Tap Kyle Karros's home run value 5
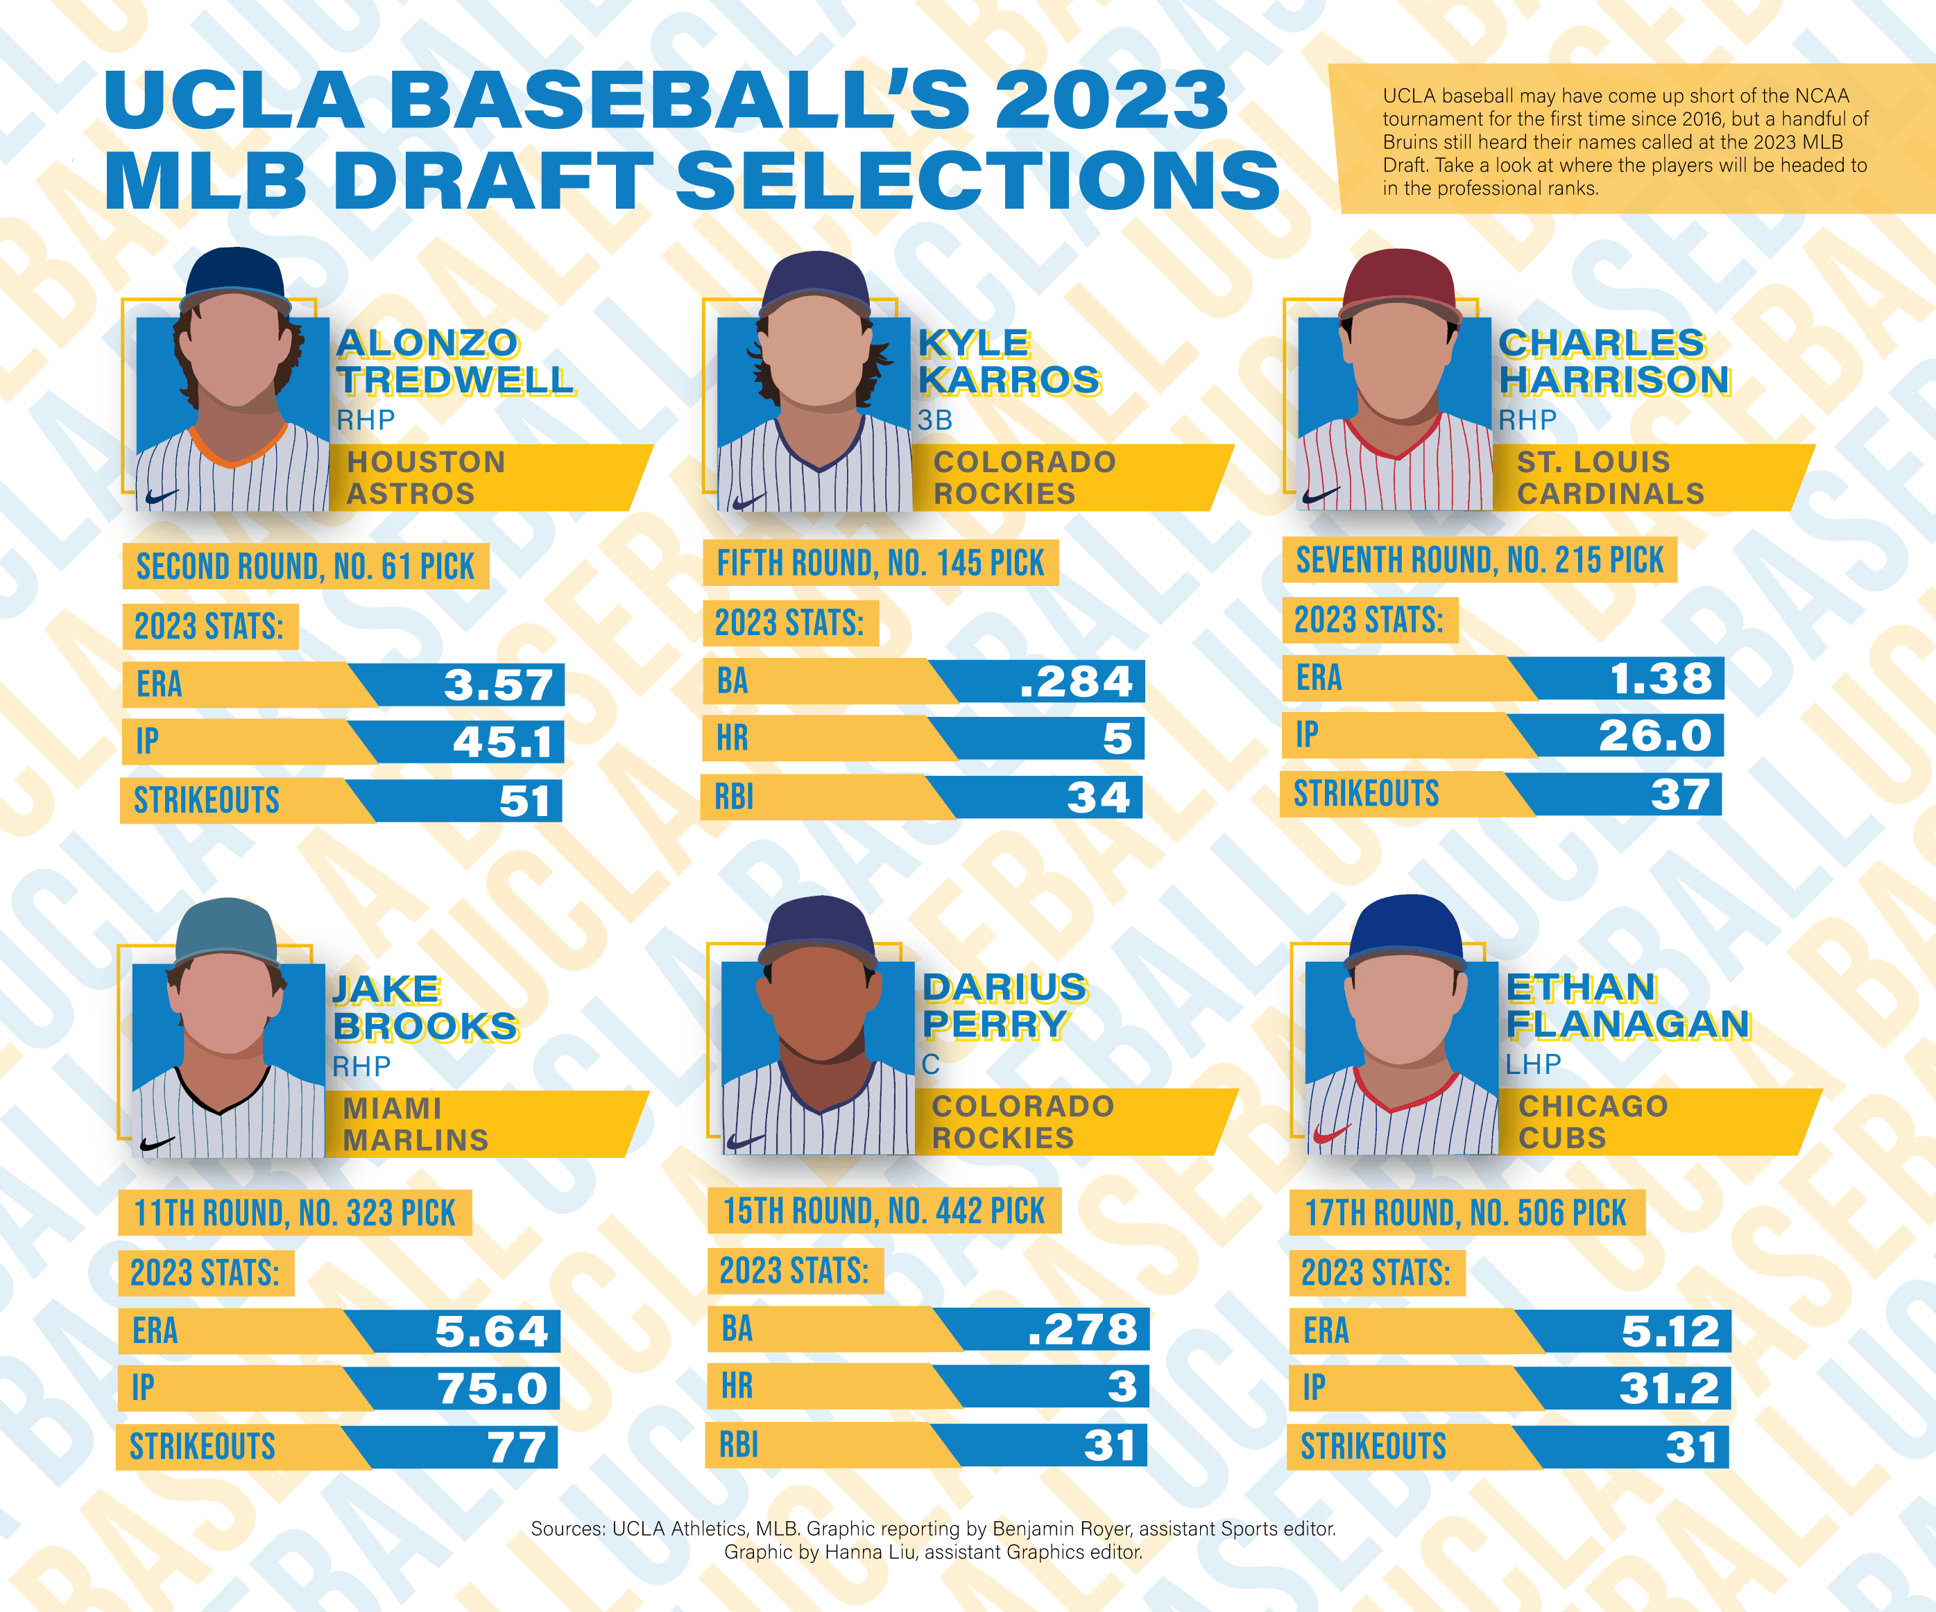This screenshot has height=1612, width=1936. tap(1117, 738)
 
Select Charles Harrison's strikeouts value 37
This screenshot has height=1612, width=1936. tap(1680, 795)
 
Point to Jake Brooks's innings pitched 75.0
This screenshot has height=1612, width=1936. tap(492, 1388)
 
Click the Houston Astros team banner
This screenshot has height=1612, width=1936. tap(426, 478)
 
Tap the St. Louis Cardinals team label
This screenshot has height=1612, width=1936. tap(1611, 478)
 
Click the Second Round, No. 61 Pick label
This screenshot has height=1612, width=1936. tap(305, 566)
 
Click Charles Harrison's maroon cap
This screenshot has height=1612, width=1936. tap(1399, 281)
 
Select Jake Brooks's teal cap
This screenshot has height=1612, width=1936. tap(227, 931)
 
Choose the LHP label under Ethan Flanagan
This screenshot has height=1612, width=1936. tap(1533, 1064)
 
